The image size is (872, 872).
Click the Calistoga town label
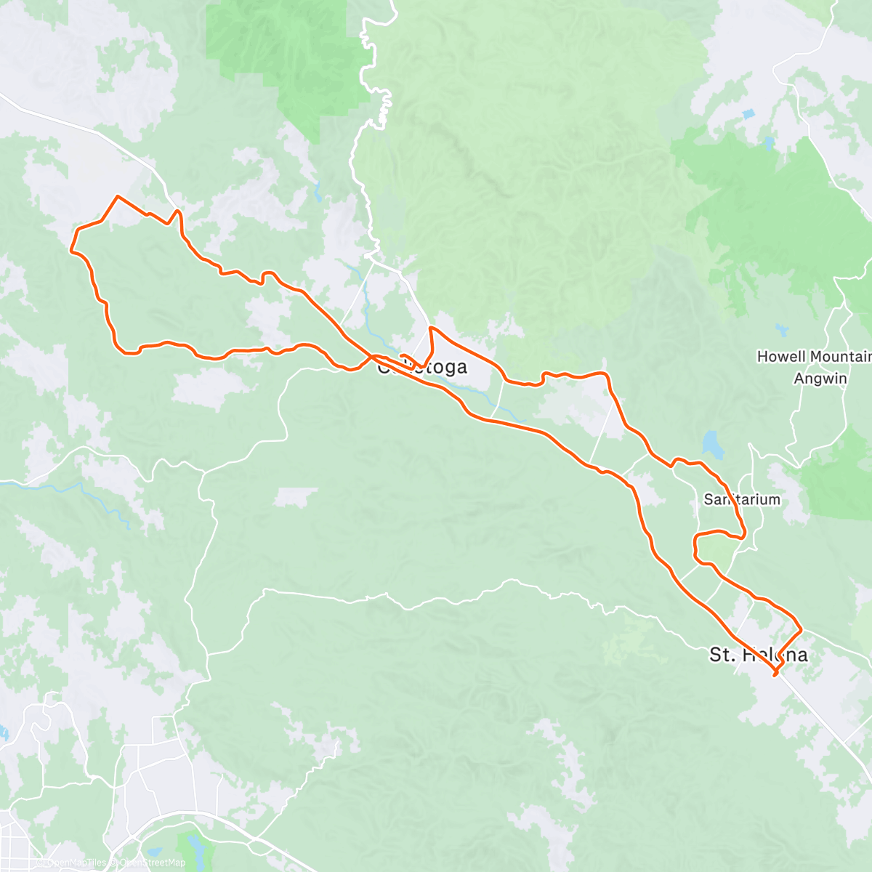click(422, 367)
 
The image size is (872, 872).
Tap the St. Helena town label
click(758, 655)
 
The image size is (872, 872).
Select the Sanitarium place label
click(742, 499)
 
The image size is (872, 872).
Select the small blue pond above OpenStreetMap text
click(153, 852)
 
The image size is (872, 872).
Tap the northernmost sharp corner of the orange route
click(117, 195)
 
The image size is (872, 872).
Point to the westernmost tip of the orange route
click(70, 250)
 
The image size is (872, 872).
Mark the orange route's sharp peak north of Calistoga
click(432, 328)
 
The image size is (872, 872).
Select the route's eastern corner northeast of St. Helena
click(801, 629)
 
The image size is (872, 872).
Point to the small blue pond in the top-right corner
click(749, 114)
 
